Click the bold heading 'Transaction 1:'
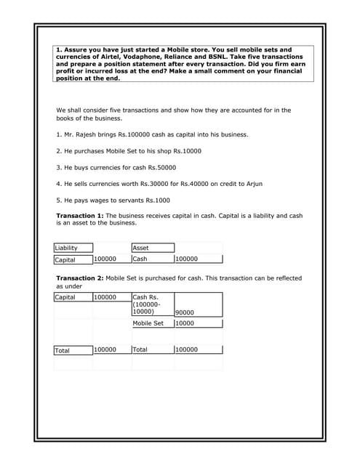click(80, 216)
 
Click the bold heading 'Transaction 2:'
click(80, 278)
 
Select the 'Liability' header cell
click(66, 248)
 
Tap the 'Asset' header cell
click(140, 248)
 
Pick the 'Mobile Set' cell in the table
click(148, 323)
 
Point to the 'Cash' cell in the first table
click(140, 259)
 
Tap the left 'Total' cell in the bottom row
click(63, 350)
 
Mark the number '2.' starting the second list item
click(59, 150)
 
